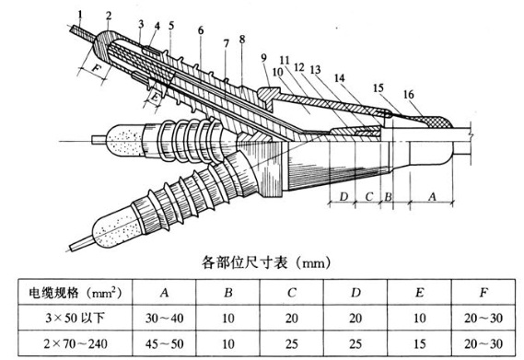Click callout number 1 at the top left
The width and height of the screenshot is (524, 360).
80,15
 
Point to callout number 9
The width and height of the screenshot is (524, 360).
264,58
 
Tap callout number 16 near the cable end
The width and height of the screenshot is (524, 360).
408,95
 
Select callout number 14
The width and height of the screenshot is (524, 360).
340,78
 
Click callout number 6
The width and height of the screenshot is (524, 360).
201,30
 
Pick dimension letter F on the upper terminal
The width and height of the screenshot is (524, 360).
96,69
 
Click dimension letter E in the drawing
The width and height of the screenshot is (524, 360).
155,97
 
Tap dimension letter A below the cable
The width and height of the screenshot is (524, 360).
433,196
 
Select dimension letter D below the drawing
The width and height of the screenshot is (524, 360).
344,196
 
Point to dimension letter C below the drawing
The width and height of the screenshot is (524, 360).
369,196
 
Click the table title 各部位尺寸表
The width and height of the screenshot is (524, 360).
244,262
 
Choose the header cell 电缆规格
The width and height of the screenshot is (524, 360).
53,293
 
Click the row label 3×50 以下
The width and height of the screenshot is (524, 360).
75,318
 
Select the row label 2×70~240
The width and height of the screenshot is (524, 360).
76,343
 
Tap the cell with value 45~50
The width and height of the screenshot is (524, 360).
165,343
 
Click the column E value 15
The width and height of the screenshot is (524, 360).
419,343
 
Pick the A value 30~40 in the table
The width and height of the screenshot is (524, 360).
165,318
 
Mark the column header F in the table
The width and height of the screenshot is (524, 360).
483,293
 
